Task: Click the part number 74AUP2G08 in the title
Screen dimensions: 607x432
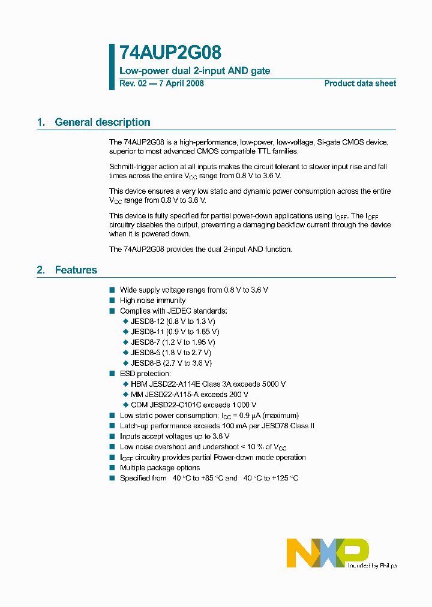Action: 162,53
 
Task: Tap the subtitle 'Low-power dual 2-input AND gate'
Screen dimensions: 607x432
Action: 195,71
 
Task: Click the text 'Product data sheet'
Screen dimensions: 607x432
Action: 360,83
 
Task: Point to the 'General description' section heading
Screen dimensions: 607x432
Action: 103,122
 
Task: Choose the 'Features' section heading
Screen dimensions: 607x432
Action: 76,270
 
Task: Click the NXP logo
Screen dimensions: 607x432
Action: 327,552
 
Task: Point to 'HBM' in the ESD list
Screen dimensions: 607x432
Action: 139,384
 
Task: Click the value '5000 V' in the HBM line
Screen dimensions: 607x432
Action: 273,384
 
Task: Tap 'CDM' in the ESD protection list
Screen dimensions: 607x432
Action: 139,405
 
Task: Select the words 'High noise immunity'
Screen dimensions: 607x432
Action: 153,300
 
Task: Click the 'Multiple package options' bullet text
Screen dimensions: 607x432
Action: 160,467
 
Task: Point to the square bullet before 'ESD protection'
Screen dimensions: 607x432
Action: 112,374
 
